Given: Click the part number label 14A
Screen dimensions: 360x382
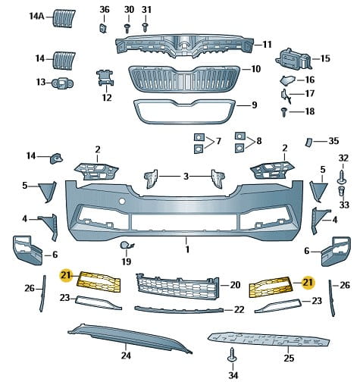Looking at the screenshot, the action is (37, 17).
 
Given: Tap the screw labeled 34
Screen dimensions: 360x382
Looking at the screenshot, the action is (232, 355).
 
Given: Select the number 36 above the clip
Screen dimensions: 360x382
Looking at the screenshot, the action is (105, 10).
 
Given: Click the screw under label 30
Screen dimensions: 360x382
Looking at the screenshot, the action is (128, 28).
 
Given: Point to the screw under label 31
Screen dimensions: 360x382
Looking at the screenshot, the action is (146, 27).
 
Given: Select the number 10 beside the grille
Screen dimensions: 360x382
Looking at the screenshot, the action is (255, 69).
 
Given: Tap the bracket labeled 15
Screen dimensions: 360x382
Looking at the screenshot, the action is (294, 59).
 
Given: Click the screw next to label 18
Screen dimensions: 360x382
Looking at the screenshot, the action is (284, 112).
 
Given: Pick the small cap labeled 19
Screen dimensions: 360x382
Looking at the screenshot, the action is (126, 246).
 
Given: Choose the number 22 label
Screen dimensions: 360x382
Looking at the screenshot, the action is (239, 309).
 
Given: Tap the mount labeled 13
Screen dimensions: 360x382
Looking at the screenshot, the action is (62, 83).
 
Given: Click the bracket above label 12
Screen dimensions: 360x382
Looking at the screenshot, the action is (105, 77).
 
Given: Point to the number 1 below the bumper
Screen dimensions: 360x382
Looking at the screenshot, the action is (187, 250).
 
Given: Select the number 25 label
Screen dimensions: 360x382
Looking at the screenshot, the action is (289, 358).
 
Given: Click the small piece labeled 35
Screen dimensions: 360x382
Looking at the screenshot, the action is (308, 142).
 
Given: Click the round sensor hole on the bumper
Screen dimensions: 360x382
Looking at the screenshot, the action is (122, 201).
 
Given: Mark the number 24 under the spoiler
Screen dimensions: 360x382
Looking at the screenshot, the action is (126, 355).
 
